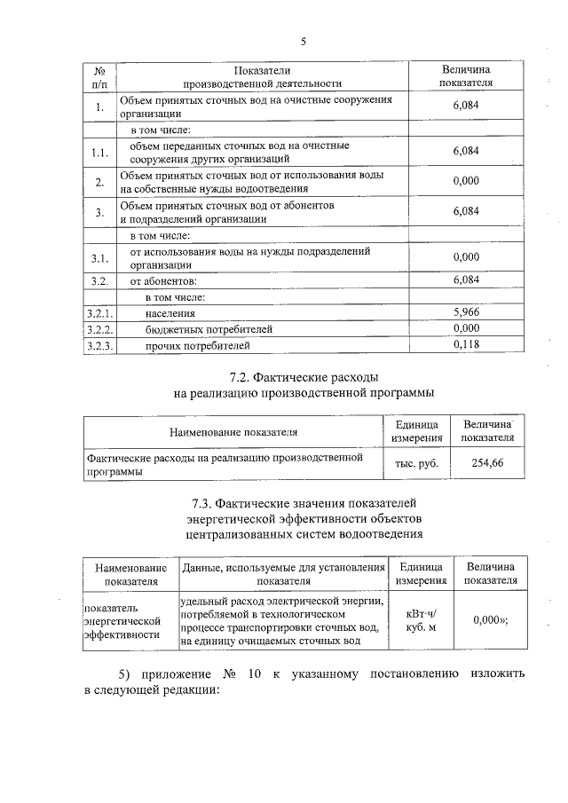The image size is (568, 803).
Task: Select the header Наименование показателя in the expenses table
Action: (x=233, y=431)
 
